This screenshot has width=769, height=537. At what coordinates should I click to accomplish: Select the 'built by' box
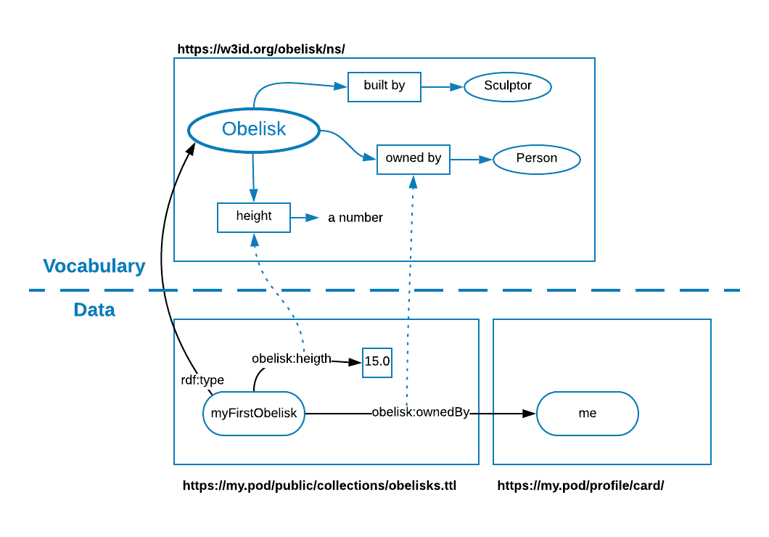coord(384,87)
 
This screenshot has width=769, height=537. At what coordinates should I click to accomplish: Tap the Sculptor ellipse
coord(508,87)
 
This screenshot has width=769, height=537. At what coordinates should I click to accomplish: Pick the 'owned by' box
coord(414,160)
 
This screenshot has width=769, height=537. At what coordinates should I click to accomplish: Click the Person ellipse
coord(537,160)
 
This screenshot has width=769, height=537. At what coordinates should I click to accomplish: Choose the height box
coord(254,218)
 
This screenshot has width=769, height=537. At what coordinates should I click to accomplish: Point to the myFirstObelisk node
coord(254,414)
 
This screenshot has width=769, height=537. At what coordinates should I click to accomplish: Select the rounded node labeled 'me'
coord(588,414)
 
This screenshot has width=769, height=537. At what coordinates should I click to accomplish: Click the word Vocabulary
coord(94,266)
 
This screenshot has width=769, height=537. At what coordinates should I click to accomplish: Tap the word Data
coord(94,310)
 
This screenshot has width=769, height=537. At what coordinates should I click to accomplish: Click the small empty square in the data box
coord(377,363)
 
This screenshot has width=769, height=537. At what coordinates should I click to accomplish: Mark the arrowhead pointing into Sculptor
coord(457,87)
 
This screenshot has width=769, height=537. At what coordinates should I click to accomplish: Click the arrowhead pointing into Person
coord(486,160)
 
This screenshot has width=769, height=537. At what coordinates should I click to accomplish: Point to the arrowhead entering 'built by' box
coord(341,86)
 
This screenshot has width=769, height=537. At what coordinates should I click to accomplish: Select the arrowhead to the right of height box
coord(313,218)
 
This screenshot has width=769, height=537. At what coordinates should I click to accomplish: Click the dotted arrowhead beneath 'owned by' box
coord(413,182)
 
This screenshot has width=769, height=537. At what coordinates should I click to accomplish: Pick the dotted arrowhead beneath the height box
coord(255,240)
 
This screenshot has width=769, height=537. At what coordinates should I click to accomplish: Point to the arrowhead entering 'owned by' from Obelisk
coord(370,157)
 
